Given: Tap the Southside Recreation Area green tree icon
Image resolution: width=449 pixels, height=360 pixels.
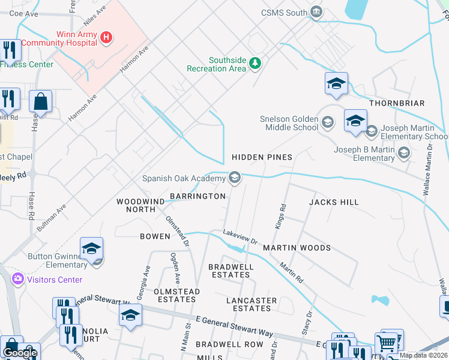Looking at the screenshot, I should click(x=255, y=62).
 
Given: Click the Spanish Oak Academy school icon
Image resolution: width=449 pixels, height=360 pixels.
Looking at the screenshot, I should click(x=235, y=178).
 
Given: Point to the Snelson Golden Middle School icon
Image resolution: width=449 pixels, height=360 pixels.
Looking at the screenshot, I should click(x=328, y=124).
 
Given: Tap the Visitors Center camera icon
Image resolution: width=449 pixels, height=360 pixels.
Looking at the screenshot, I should click(x=17, y=279).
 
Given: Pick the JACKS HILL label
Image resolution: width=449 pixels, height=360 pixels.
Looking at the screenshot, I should click(x=334, y=203).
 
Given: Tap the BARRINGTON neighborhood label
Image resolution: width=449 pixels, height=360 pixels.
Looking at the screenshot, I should click(x=197, y=196).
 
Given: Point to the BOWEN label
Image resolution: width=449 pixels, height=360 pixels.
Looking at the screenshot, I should click(x=155, y=236).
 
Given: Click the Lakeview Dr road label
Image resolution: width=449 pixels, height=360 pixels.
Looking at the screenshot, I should click(x=240, y=238).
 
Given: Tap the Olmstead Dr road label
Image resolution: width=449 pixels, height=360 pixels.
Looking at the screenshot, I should click(x=178, y=232).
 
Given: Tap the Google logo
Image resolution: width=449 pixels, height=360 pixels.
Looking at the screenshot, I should click(x=20, y=353).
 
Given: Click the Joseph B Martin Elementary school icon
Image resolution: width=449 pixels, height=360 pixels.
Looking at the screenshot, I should click(x=404, y=154).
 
